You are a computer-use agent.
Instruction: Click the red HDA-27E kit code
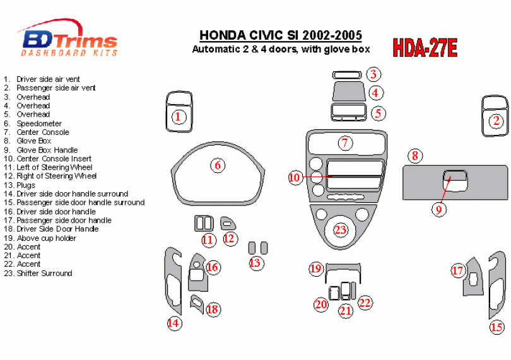point(425,48)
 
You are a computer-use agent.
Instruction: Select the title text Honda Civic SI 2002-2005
point(280,35)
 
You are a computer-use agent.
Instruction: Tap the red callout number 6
point(218,165)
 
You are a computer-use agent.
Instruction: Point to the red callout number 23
point(341,229)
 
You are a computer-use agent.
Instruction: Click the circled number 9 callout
point(438,209)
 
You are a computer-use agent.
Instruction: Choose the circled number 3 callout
point(373,74)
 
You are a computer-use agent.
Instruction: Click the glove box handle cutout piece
point(455,179)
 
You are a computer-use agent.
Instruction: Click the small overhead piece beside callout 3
point(347,75)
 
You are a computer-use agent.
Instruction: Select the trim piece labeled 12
point(228,223)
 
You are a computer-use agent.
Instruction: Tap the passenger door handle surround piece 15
point(496,285)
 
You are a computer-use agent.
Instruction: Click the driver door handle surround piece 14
point(173,281)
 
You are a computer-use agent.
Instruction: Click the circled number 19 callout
point(316,269)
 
